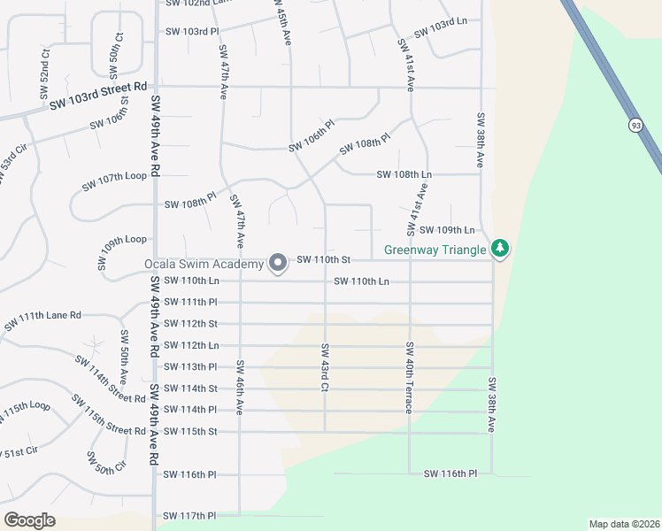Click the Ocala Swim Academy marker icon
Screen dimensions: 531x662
tap(278, 263)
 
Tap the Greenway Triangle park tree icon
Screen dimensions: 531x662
tap(501, 248)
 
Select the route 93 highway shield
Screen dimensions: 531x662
tap(636, 126)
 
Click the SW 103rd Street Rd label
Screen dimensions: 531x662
tap(98, 96)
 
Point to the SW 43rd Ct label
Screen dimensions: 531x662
tap(326, 367)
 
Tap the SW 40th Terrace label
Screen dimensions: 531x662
tap(409, 378)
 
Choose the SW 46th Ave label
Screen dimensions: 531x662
tap(240, 386)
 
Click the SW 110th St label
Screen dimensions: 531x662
tap(325, 259)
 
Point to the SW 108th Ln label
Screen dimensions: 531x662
tap(404, 174)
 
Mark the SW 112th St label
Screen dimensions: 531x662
tap(189, 323)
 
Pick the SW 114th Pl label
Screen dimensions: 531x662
tap(189, 409)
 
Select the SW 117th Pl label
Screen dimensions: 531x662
tap(189, 515)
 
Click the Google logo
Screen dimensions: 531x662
tap(29, 519)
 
